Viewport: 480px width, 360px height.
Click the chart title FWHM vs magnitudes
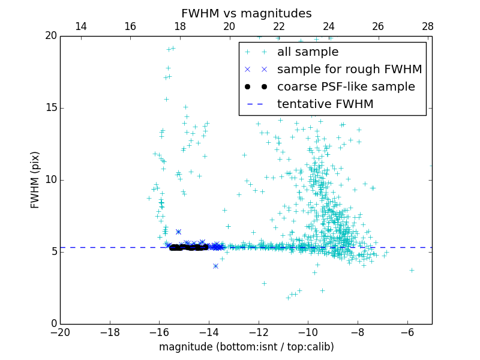[246, 13]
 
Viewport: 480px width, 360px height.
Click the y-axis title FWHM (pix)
[35, 179]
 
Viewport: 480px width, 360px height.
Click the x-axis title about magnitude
[246, 347]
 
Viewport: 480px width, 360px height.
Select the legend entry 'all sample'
[308, 52]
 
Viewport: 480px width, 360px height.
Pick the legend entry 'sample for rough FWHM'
[349, 70]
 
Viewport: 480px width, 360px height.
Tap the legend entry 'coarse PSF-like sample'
[346, 87]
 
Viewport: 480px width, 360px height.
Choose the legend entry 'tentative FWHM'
[325, 104]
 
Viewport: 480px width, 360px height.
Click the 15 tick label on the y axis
[50, 108]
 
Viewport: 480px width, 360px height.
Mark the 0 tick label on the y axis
[53, 324]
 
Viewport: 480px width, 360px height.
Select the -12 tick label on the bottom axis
[259, 332]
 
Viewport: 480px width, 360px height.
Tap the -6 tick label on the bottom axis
[407, 332]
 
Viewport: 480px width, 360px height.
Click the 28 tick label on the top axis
[428, 26]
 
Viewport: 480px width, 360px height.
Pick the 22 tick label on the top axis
[279, 26]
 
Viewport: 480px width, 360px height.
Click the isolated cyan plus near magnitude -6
[412, 270]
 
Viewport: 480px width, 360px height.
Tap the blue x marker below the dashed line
[215, 266]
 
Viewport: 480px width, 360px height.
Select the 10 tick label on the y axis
[50, 180]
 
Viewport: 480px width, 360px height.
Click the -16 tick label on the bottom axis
[160, 332]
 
